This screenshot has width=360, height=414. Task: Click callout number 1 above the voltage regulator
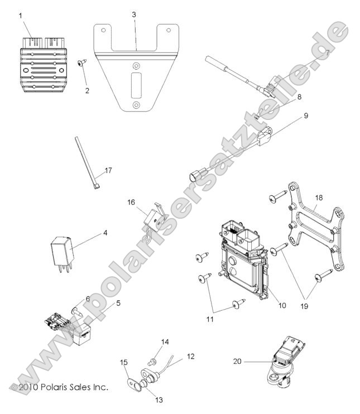(x=21, y=15)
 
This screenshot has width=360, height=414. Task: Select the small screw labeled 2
(x=81, y=65)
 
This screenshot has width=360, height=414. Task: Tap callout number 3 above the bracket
(x=134, y=15)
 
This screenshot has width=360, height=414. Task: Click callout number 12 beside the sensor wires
(x=191, y=355)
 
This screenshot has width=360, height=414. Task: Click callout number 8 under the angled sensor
(x=299, y=97)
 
